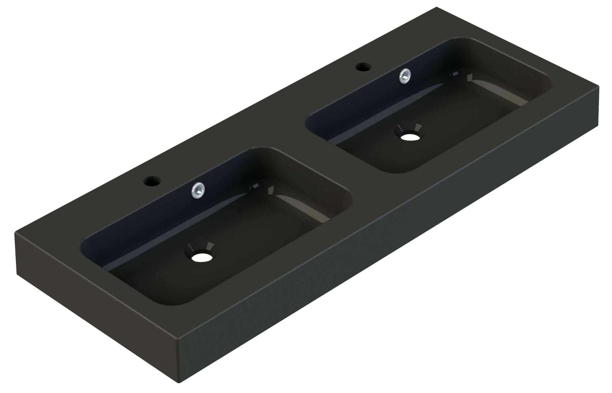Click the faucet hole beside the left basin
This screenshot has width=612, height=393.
(151, 181)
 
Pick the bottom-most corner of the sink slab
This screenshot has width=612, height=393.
(179, 382)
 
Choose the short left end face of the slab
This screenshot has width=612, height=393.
(92, 306)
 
